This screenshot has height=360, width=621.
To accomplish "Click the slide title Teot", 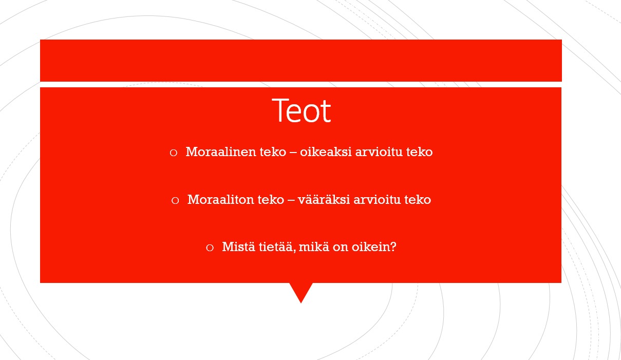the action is (302, 110).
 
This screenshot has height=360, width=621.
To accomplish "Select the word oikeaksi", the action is (326, 151).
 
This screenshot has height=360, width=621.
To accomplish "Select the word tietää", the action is (277, 247).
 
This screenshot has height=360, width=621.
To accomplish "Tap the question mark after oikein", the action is (393, 247).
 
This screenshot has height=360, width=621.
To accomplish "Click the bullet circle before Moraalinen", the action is (174, 153).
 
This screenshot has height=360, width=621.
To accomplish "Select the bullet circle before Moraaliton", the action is (175, 200).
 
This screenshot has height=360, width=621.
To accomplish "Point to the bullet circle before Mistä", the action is (210, 248).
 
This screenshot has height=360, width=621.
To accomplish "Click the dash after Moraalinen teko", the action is (293, 153).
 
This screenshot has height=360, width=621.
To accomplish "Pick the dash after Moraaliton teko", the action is (291, 200).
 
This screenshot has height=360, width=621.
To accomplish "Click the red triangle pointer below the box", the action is (301, 291).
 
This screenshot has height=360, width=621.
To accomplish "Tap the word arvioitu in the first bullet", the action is (379, 151).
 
